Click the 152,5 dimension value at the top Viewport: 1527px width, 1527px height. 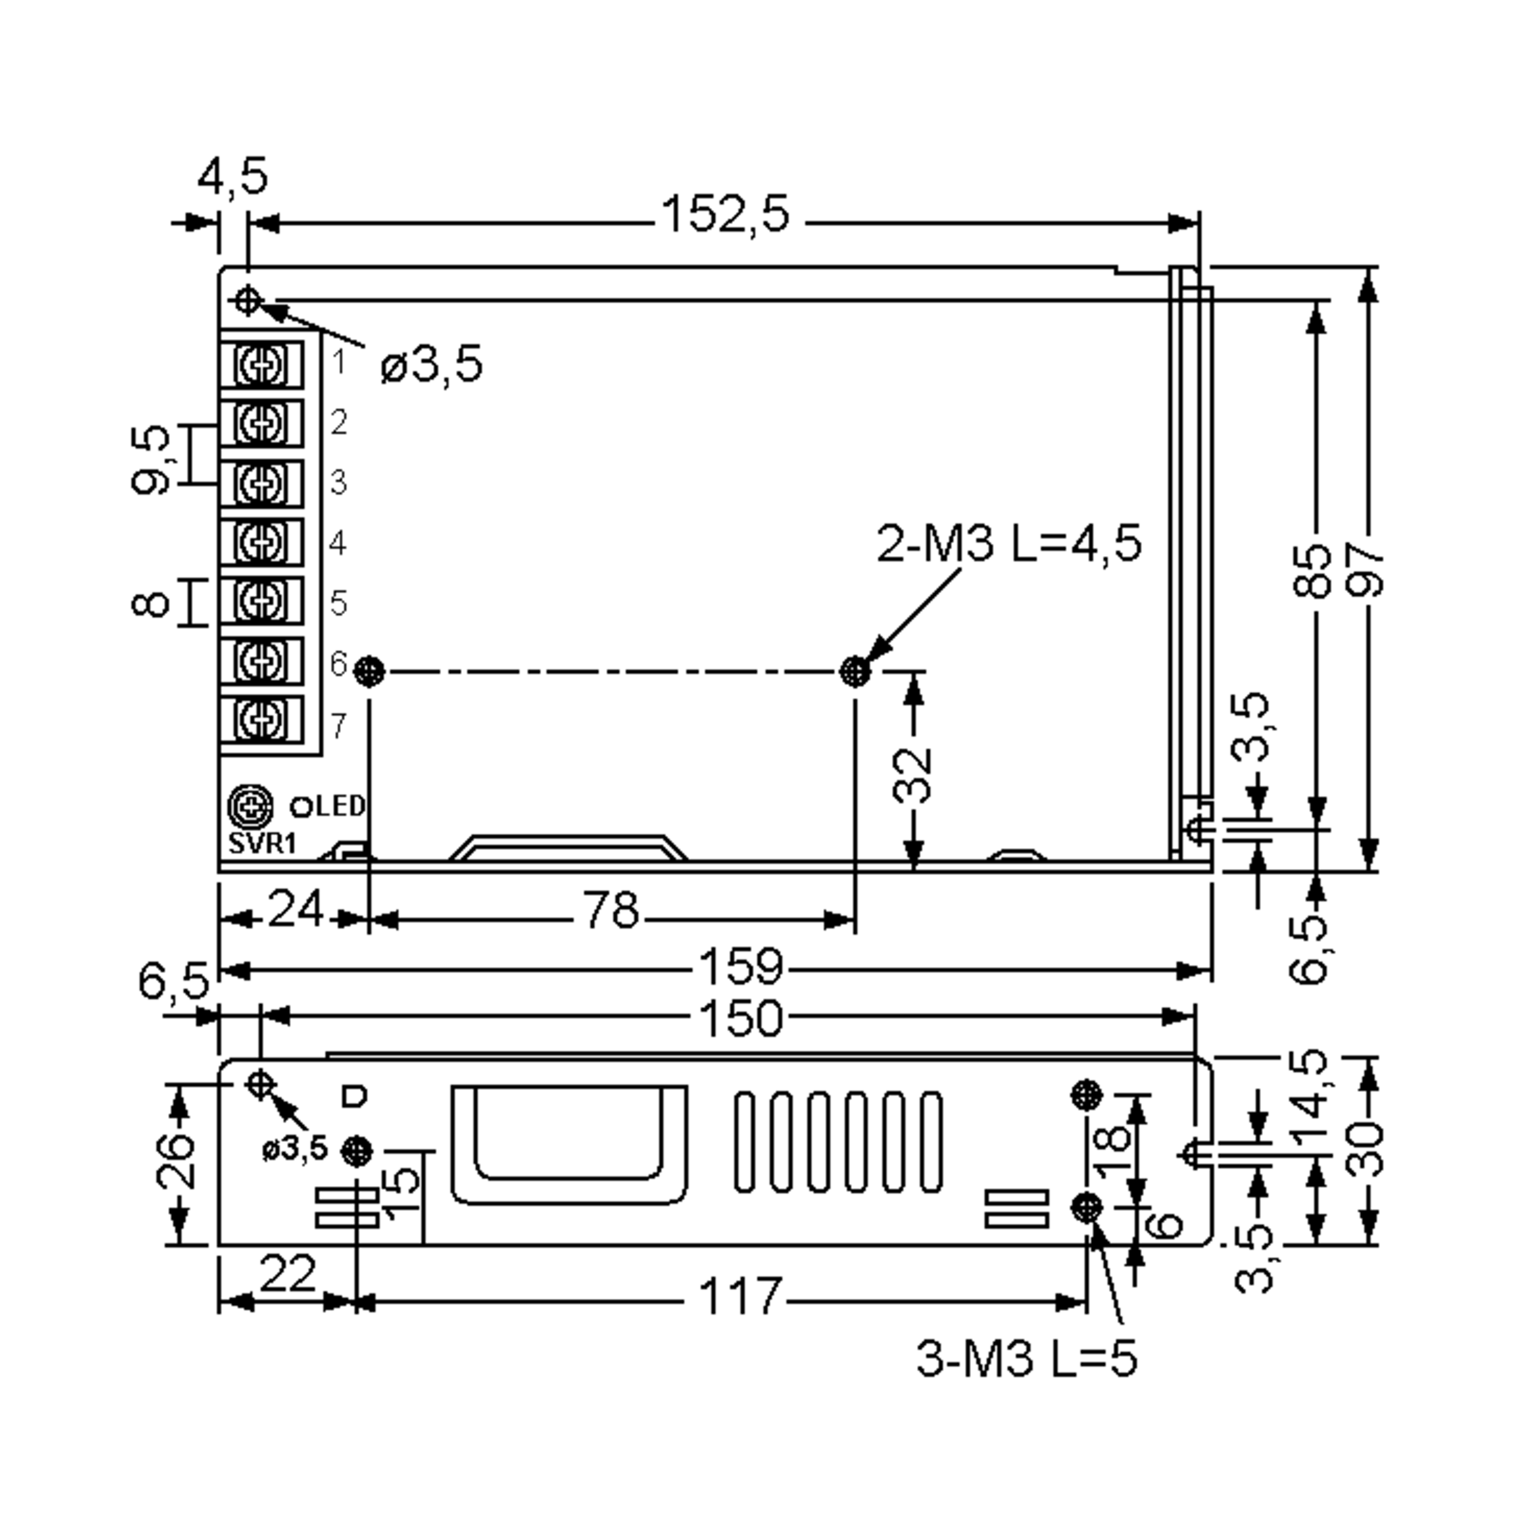pos(725,214)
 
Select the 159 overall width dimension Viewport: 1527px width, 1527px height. pos(741,966)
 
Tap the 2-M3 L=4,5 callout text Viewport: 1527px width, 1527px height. pos(1008,544)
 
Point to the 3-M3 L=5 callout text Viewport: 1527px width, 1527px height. pos(1026,1358)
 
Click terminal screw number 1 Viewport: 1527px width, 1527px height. pos(261,365)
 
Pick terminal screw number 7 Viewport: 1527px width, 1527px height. pos(261,719)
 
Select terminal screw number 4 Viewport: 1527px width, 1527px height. pos(261,542)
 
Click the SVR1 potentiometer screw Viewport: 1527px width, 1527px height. pos(251,806)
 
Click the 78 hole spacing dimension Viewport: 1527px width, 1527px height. pos(610,910)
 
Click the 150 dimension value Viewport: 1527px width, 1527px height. pos(741,1019)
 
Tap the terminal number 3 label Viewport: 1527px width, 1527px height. pos(338,482)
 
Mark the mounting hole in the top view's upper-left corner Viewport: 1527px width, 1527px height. pos(248,300)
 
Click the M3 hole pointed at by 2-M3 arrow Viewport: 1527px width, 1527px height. pos(854,672)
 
